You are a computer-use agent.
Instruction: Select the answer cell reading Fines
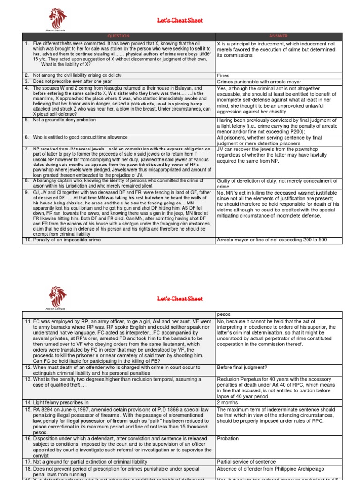click(x=223, y=75)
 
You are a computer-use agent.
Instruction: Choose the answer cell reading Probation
click(x=228, y=438)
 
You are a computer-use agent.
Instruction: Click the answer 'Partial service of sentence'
click(x=246, y=462)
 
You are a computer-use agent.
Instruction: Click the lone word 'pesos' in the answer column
click(x=224, y=314)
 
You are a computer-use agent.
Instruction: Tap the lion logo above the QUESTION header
click(x=58, y=18)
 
